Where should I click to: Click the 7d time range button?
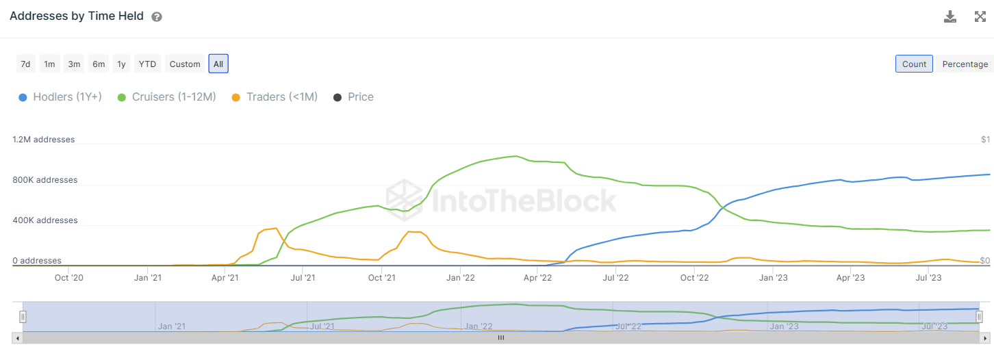pos(25,64)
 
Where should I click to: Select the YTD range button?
pos(147,64)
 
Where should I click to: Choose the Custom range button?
pos(185,64)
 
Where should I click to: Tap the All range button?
pos(218,64)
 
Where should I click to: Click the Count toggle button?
pos(914,64)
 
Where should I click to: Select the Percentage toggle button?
pos(965,64)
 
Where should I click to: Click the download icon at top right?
pos(950,17)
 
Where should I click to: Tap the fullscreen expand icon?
pos(980,17)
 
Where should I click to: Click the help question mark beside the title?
pos(157,17)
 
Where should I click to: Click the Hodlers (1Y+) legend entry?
pos(60,97)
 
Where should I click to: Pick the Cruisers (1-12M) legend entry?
pos(166,97)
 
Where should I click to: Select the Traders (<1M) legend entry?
pos(275,97)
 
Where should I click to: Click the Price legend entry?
pos(353,97)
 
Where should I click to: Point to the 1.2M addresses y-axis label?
pos(44,140)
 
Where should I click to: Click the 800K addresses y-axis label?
pos(45,180)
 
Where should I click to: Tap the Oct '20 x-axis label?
pos(69,278)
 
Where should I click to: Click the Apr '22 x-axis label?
pos(537,278)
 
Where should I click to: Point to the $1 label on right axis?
pos(985,140)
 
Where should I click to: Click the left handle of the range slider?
pos(23,317)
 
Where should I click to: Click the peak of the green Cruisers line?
pos(515,156)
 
